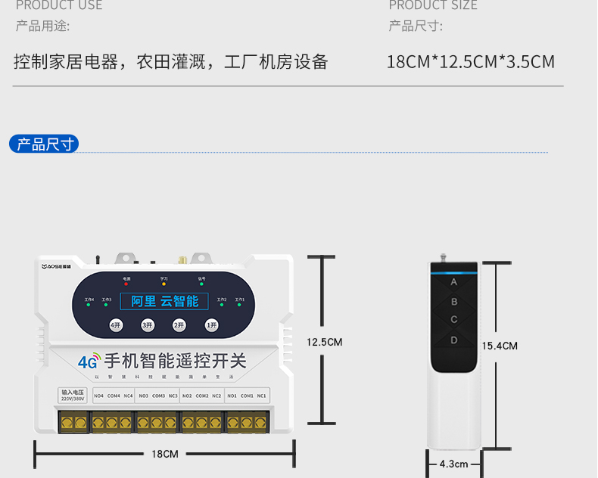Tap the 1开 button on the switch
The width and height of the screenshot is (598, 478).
[x=211, y=325]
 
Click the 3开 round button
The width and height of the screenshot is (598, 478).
[x=148, y=325]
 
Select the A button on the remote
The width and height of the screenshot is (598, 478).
[x=454, y=282]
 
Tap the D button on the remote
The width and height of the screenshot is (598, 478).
[x=454, y=340]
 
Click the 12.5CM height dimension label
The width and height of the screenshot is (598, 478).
[x=324, y=342]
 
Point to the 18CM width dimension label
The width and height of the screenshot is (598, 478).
[x=164, y=454]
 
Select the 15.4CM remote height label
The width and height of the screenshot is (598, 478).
[x=500, y=346]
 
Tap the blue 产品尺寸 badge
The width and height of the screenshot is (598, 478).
[x=45, y=144]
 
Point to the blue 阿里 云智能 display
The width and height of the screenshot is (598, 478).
[x=165, y=301]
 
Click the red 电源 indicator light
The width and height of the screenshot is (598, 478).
[x=126, y=284]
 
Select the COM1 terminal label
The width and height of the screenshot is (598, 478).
[x=247, y=396]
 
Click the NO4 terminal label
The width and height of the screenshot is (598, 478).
[x=98, y=396]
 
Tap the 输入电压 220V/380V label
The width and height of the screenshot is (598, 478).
[x=72, y=395]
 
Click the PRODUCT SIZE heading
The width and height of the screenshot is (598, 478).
[x=432, y=6]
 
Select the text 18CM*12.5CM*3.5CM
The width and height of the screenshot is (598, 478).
[x=470, y=61]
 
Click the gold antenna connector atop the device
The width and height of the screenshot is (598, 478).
[x=182, y=259]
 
